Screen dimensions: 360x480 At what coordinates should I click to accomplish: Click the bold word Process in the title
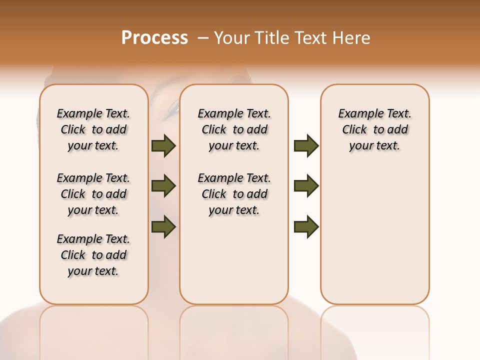tap(154, 38)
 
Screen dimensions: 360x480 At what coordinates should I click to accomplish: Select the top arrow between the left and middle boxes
tap(163, 145)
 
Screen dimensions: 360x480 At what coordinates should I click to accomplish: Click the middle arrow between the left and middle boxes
tap(163, 186)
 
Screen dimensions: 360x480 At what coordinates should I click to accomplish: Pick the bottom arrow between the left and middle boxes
tap(163, 226)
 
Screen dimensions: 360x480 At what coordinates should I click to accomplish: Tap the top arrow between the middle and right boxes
tap(306, 145)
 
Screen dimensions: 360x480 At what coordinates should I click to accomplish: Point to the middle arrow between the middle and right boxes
tap(306, 186)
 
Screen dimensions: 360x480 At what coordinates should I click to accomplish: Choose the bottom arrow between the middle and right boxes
tap(306, 226)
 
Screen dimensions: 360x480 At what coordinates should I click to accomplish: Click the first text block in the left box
tap(93, 129)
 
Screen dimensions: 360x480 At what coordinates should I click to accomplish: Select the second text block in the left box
tap(93, 194)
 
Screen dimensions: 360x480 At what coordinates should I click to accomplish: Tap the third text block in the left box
tap(93, 255)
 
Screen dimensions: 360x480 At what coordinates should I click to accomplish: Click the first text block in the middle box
tap(234, 129)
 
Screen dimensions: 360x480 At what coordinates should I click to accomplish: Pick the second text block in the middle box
tap(234, 194)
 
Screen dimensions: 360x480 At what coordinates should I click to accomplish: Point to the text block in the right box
tap(375, 129)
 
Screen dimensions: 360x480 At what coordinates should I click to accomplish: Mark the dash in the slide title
tap(203, 38)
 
